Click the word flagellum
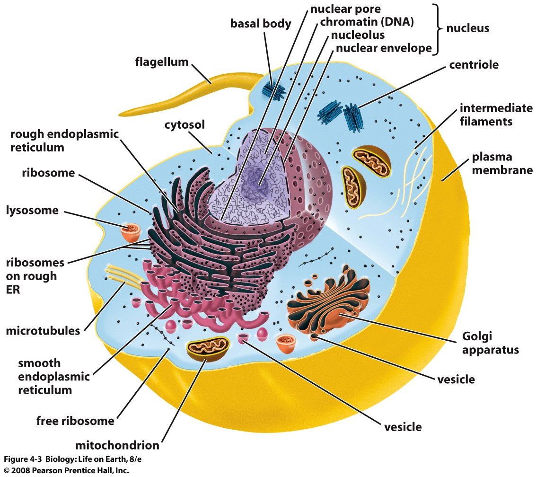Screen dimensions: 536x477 click(162, 62)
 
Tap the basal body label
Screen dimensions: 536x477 click(261, 24)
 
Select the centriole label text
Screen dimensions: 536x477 click(474, 65)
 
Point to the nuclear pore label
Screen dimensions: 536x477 click(345, 9)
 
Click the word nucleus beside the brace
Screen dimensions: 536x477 click(467, 28)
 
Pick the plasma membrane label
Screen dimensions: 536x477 click(502, 163)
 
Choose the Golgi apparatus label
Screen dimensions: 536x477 click(490, 343)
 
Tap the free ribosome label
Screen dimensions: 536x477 click(75, 421)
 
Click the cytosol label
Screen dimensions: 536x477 click(185, 125)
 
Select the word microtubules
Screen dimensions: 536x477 click(43, 331)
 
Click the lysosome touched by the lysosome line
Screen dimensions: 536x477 click(130, 232)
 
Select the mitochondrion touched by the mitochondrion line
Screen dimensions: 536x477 click(208, 349)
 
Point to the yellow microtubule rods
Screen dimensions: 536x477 click(125, 274)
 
